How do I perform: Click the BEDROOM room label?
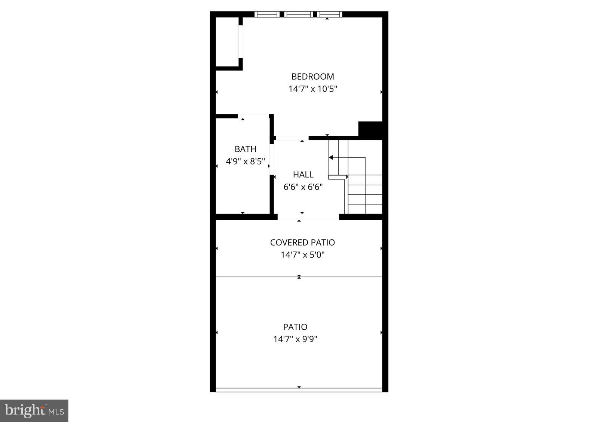click(312, 77)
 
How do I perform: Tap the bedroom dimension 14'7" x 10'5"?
click(312, 89)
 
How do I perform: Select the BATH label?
click(245, 149)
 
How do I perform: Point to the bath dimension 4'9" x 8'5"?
click(245, 161)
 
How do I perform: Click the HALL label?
click(303, 175)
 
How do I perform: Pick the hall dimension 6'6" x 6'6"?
click(303, 187)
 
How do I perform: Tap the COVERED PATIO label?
click(302, 243)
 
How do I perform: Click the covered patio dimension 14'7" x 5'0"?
click(302, 255)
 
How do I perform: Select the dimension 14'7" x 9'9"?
click(295, 339)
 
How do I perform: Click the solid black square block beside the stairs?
click(370, 130)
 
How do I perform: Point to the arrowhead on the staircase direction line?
click(331, 157)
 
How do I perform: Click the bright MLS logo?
click(34, 411)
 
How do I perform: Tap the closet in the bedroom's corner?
click(227, 42)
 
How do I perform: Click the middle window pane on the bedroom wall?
click(298, 14)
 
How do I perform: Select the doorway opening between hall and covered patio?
click(308, 217)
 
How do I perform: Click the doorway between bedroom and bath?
click(253, 116)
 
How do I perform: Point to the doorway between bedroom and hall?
click(292, 138)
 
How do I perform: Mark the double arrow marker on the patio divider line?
click(299, 277)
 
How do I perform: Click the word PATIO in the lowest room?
click(295, 327)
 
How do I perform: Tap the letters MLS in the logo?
click(57, 412)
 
